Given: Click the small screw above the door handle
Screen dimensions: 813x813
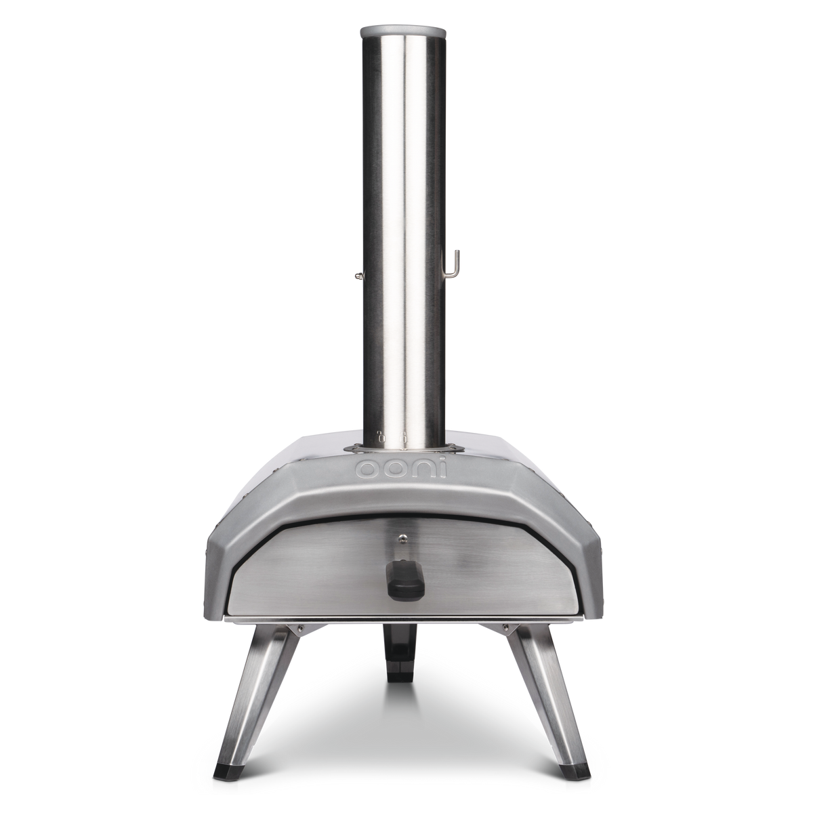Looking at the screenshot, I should (x=404, y=539).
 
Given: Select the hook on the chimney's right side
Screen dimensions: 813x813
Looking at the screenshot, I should (x=457, y=266).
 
